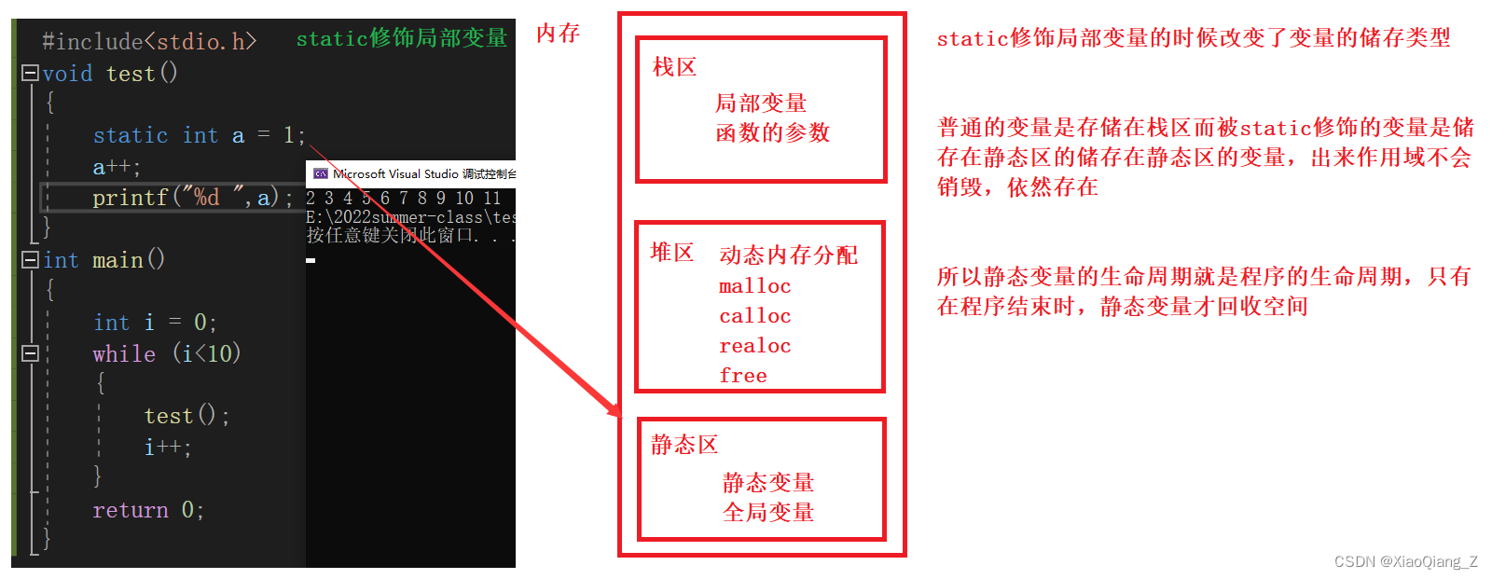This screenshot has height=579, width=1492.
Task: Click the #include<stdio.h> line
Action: pos(148,41)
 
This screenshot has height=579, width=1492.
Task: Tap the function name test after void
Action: pos(131,74)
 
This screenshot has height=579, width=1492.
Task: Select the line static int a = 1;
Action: pos(199,136)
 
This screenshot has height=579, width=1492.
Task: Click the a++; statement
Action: pos(116,168)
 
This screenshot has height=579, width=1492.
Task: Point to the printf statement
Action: pos(191,198)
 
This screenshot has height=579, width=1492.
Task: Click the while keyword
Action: pos(124,354)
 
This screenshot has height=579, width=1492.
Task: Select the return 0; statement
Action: pos(147,510)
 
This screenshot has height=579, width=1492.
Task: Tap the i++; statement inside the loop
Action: pos(168,448)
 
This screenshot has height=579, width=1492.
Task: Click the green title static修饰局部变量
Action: pos(401,38)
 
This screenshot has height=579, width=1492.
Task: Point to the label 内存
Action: pos(558,34)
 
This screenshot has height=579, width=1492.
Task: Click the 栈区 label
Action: pos(674,67)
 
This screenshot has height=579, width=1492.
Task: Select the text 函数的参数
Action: pos(772,133)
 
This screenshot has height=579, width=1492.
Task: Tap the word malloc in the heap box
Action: pos(754,286)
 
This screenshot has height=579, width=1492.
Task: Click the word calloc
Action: pos(754,316)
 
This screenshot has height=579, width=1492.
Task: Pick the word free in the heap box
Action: pos(743,376)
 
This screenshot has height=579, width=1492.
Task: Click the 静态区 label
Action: pos(684,445)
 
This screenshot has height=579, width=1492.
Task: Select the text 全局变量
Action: pos(768,513)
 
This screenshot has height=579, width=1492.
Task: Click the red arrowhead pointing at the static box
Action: pos(614,410)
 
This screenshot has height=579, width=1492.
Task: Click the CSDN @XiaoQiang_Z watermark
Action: pos(1405,561)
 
